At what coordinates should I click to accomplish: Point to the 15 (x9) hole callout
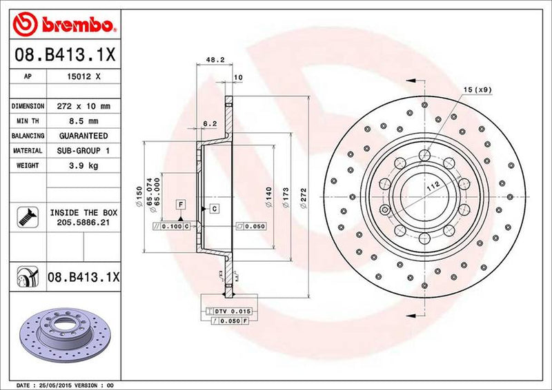point(478,90)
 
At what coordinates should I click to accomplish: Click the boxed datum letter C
point(214,208)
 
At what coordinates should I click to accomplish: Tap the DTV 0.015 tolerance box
point(233,312)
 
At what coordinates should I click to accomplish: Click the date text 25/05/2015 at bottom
point(52,384)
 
